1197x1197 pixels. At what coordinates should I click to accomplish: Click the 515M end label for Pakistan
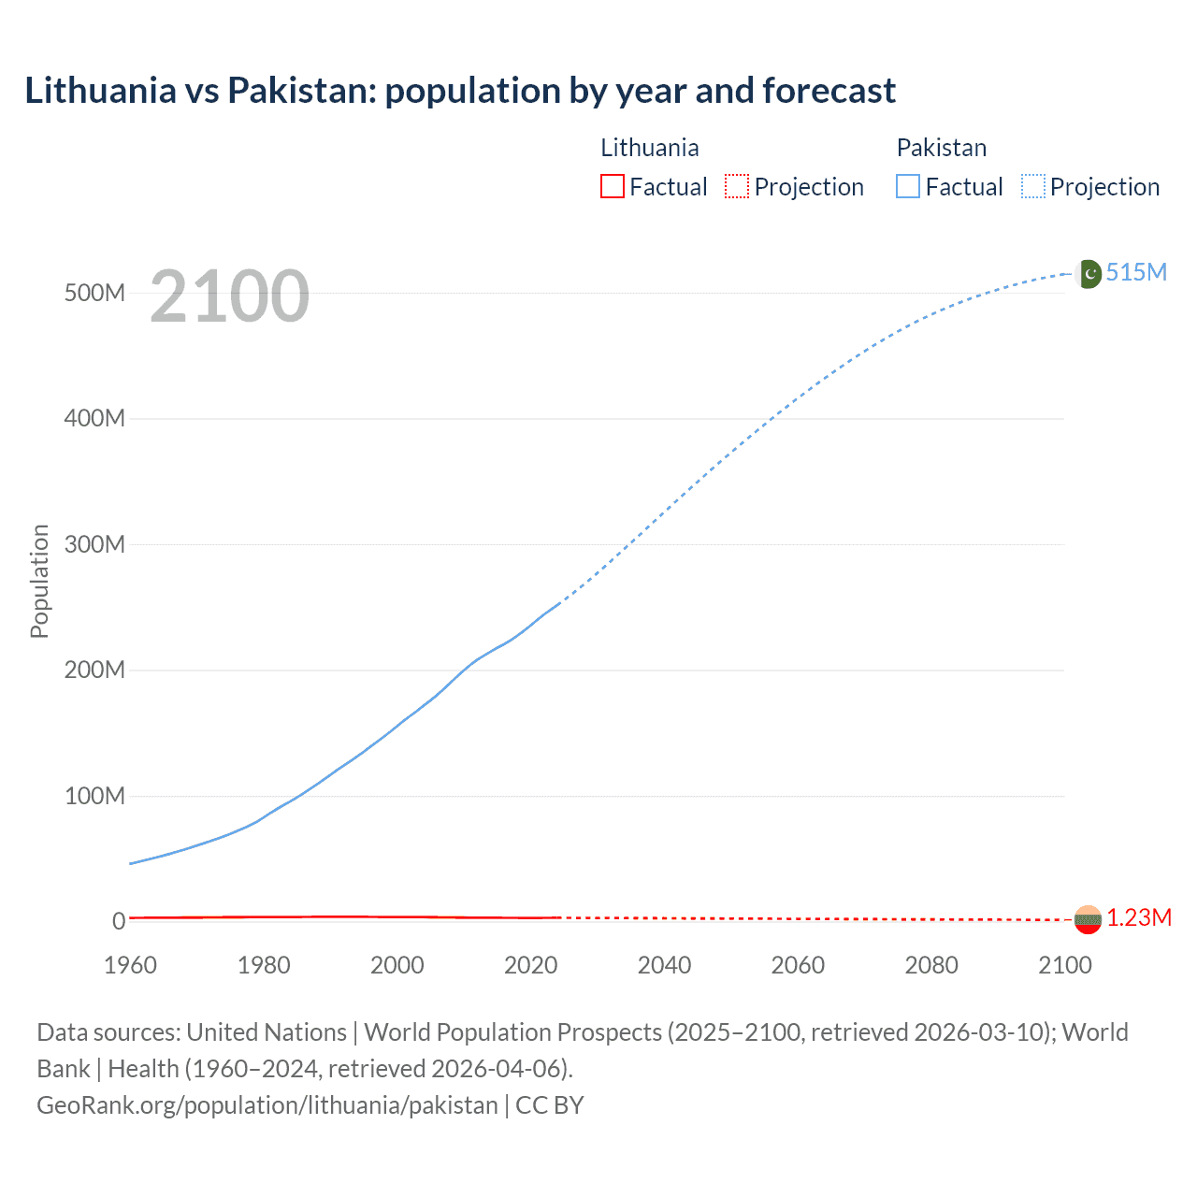pyautogui.click(x=1136, y=272)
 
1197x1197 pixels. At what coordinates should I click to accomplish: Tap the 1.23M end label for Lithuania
pyautogui.click(x=1138, y=918)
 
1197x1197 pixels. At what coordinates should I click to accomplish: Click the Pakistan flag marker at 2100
pyautogui.click(x=1089, y=274)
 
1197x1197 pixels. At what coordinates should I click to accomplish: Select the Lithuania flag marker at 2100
pyautogui.click(x=1088, y=920)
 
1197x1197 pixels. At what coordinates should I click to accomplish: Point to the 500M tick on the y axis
pyautogui.click(x=94, y=293)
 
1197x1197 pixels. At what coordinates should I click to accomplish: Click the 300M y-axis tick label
pyautogui.click(x=94, y=544)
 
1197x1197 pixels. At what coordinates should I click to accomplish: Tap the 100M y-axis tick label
pyautogui.click(x=94, y=796)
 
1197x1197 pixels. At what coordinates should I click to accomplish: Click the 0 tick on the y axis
pyautogui.click(x=119, y=921)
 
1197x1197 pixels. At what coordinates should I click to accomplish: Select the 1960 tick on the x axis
pyautogui.click(x=130, y=965)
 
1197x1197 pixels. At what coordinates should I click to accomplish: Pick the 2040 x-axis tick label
pyautogui.click(x=664, y=965)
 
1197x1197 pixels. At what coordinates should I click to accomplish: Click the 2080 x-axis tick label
pyautogui.click(x=931, y=965)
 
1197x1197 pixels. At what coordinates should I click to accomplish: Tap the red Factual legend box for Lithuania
pyautogui.click(x=613, y=187)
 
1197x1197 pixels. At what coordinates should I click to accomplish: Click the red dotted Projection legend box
pyautogui.click(x=737, y=187)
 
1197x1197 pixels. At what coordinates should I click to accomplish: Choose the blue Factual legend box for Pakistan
pyautogui.click(x=908, y=187)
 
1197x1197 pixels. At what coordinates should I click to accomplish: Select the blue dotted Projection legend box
pyautogui.click(x=1033, y=187)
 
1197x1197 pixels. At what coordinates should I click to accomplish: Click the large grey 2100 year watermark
pyautogui.click(x=229, y=296)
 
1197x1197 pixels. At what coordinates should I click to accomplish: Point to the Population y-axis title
pyautogui.click(x=39, y=581)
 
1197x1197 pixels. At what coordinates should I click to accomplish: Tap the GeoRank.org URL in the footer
pyautogui.click(x=267, y=1105)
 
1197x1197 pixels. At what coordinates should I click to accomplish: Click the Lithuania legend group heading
pyautogui.click(x=649, y=148)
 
